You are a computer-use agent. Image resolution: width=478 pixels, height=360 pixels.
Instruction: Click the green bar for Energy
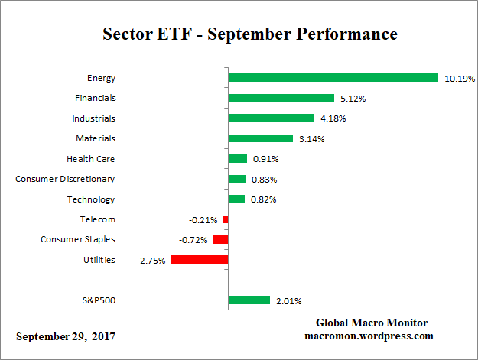333,78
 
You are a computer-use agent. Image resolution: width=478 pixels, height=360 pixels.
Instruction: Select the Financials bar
281,98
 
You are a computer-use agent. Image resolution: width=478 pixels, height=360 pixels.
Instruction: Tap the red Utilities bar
200,260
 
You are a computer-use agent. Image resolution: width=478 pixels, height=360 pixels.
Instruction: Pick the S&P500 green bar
249,300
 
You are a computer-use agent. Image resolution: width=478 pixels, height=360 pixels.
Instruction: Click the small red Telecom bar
226,219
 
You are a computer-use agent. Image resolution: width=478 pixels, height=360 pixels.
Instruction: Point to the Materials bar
261,138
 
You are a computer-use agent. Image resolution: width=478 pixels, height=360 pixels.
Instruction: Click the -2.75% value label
151,260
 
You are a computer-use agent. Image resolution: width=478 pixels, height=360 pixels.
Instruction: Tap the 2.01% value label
289,300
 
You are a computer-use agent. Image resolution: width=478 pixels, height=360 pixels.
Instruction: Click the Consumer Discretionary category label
65,179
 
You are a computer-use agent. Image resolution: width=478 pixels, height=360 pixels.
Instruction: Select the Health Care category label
91,159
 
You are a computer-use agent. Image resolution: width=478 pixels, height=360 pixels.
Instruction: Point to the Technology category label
90,199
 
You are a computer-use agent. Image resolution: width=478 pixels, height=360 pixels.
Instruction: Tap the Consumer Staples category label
78,240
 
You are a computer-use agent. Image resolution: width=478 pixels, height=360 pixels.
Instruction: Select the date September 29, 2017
67,336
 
